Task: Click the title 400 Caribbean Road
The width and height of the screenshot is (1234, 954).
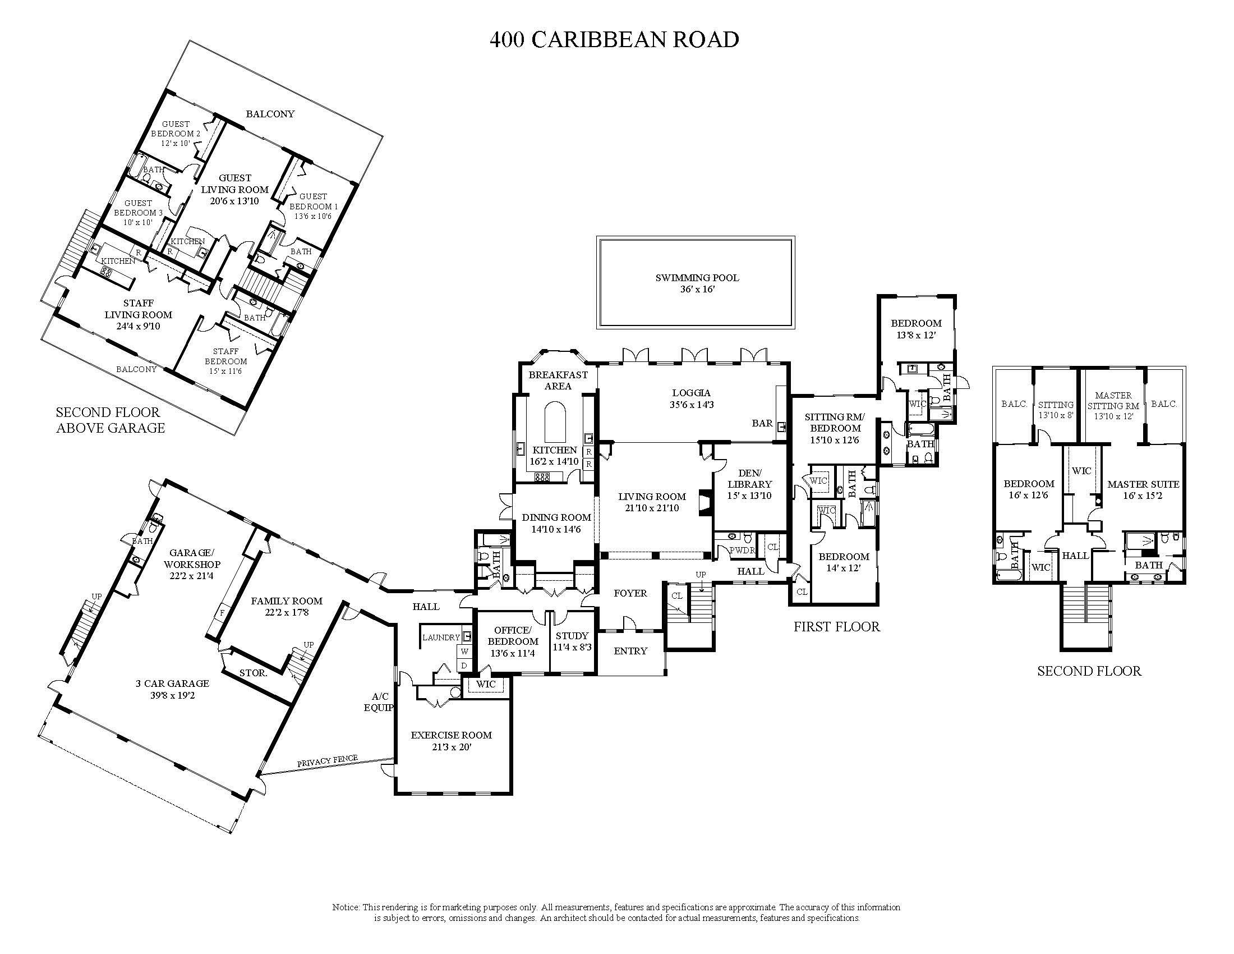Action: pyautogui.click(x=614, y=39)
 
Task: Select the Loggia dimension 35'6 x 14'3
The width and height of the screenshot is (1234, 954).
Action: pyautogui.click(x=691, y=405)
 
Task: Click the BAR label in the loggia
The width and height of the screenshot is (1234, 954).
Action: pyautogui.click(x=762, y=423)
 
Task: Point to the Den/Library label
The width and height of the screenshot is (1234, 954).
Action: pyautogui.click(x=749, y=479)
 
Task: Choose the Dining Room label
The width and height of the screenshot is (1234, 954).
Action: pyautogui.click(x=556, y=517)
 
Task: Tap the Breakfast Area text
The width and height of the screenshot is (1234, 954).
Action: pyautogui.click(x=558, y=380)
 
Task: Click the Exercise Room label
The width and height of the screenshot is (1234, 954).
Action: pyautogui.click(x=451, y=735)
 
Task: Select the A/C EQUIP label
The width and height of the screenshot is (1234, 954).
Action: pyautogui.click(x=378, y=702)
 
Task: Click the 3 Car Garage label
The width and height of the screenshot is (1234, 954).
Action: pyautogui.click(x=172, y=684)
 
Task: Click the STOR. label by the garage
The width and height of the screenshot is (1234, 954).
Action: pyautogui.click(x=252, y=673)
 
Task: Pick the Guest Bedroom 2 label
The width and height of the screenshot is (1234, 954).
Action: pyautogui.click(x=175, y=129)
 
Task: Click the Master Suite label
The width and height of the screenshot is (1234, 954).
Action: pyautogui.click(x=1143, y=484)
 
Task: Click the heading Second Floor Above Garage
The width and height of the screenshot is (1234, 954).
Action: pyautogui.click(x=110, y=420)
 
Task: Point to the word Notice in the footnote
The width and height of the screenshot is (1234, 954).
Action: pyautogui.click(x=345, y=907)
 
